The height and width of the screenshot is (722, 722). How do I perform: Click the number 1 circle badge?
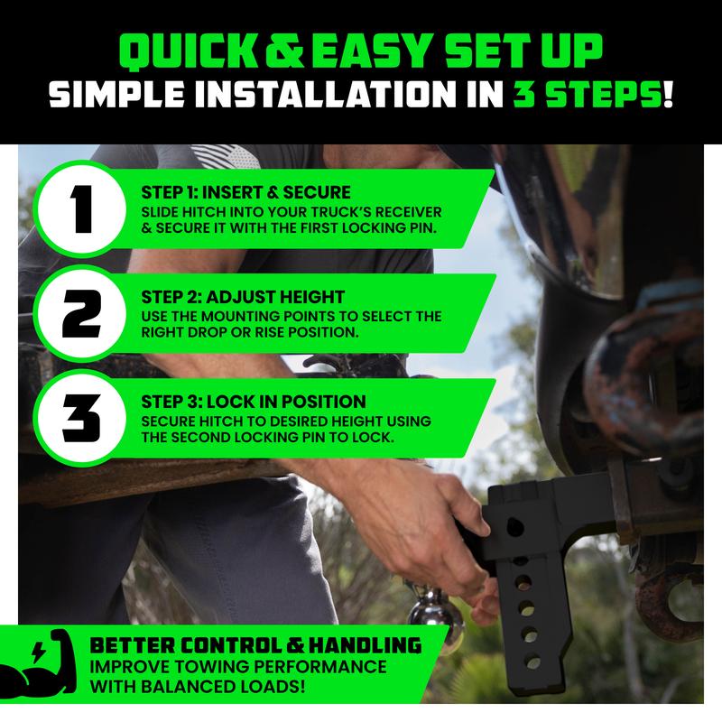81,209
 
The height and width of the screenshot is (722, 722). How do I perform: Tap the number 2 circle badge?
81,313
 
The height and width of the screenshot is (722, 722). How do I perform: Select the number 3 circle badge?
81,419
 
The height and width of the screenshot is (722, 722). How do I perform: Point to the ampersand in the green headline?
284,51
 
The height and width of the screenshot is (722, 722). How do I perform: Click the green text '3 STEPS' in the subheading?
588,95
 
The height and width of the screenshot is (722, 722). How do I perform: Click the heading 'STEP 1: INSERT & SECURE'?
245,192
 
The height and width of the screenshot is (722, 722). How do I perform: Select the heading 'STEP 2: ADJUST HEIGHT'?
243,297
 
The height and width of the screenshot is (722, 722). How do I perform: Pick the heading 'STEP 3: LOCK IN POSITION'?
254,402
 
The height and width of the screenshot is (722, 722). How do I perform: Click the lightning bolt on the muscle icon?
38,653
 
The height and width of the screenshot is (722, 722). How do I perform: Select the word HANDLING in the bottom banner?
365,645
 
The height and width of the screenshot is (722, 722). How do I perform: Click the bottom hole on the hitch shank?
532,662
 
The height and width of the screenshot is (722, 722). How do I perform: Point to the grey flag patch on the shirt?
225,156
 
